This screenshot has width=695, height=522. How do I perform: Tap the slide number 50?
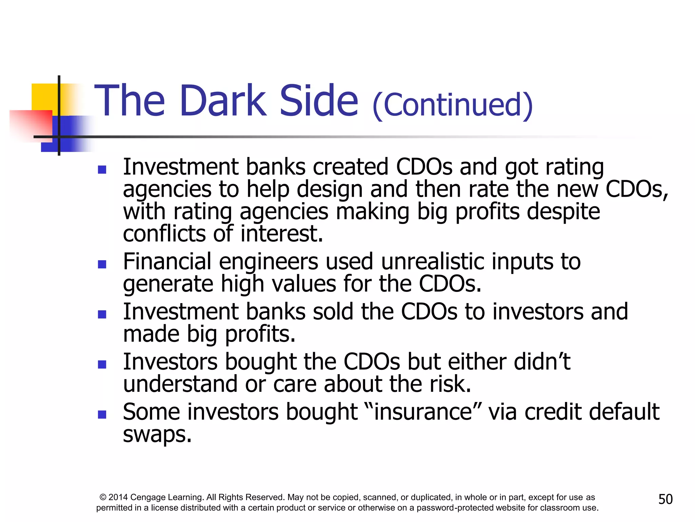point(665,499)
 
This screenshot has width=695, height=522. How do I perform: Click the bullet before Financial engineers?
point(102,264)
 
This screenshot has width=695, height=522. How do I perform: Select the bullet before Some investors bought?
point(102,414)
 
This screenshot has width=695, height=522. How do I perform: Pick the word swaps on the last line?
point(157,434)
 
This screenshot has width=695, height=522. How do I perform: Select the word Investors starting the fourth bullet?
point(170,362)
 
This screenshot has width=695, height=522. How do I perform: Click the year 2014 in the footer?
point(118,498)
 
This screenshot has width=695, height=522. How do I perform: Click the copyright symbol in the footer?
point(103,498)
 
